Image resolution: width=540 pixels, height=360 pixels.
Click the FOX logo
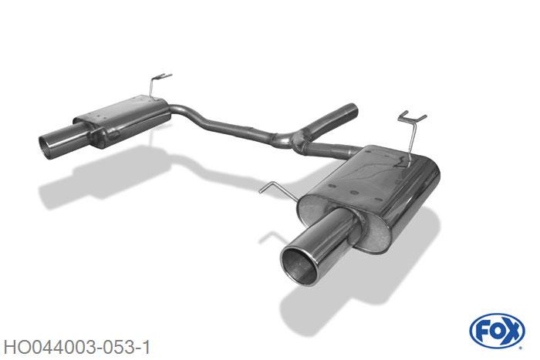coord(497,331)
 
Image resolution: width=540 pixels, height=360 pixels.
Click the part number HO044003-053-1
coord(77,348)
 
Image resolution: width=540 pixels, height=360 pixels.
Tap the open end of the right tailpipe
coord(299,267)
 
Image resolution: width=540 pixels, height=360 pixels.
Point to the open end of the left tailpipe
coord(46,147)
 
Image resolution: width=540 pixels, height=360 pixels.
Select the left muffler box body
coord(122,120)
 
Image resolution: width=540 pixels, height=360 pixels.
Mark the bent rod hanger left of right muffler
coord(279,191)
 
